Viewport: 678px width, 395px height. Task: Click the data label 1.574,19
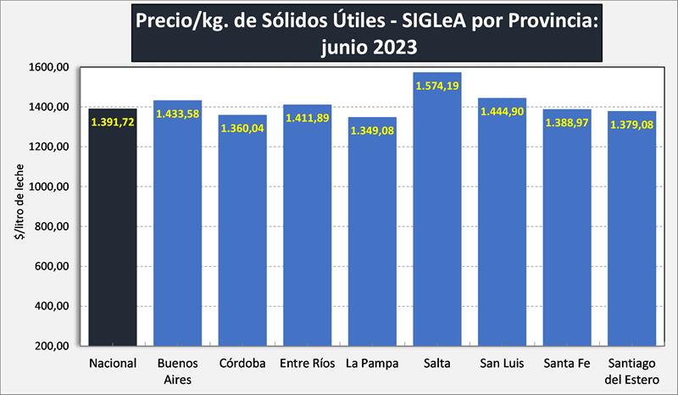tap(437, 85)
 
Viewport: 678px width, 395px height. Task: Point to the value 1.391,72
tap(113, 122)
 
